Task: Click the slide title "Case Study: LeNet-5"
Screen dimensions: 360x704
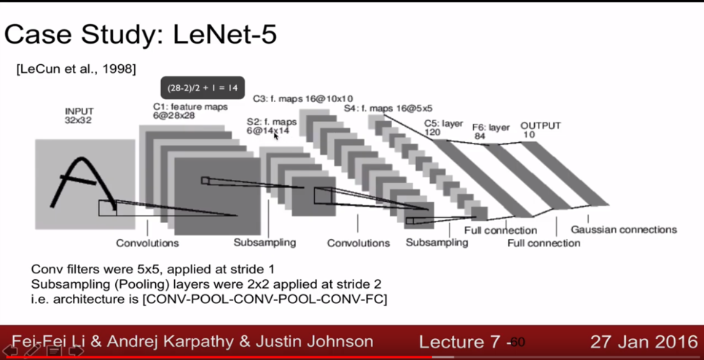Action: click(x=141, y=34)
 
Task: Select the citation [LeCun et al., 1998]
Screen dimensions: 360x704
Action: click(x=76, y=69)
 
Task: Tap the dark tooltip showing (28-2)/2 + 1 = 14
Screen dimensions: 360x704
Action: click(x=203, y=88)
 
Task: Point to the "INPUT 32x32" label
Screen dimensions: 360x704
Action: click(x=79, y=116)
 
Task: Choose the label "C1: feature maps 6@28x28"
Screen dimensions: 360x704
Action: click(x=189, y=111)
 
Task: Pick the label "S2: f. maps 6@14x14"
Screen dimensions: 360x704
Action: click(x=271, y=125)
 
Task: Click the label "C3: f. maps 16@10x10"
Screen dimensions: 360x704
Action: click(x=302, y=98)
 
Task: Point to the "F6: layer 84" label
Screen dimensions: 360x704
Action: click(x=490, y=131)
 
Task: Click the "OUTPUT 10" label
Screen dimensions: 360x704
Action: click(x=540, y=130)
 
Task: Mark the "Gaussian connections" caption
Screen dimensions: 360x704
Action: click(x=623, y=230)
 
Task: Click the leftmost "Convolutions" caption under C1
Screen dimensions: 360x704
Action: click(x=147, y=243)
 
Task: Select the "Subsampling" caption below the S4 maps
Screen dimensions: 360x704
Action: click(x=437, y=243)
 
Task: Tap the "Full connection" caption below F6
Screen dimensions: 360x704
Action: click(x=544, y=243)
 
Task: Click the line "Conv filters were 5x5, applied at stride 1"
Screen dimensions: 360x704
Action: click(x=152, y=270)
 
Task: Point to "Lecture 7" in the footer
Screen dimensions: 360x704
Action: click(x=461, y=342)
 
